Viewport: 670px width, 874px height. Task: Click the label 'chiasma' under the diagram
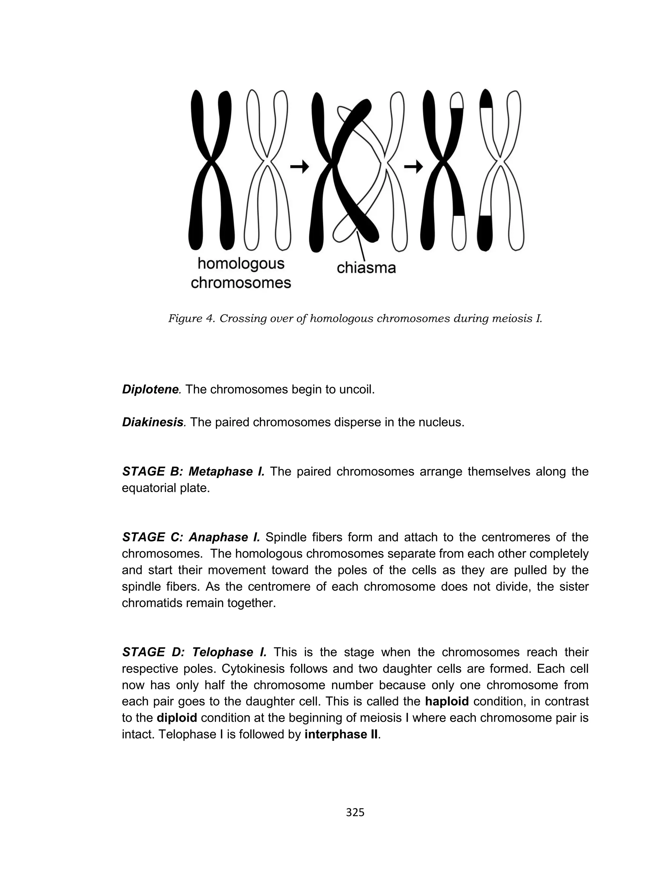click(x=366, y=268)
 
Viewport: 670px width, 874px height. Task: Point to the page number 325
click(x=355, y=812)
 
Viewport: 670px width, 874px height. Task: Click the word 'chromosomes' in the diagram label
click(x=241, y=283)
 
